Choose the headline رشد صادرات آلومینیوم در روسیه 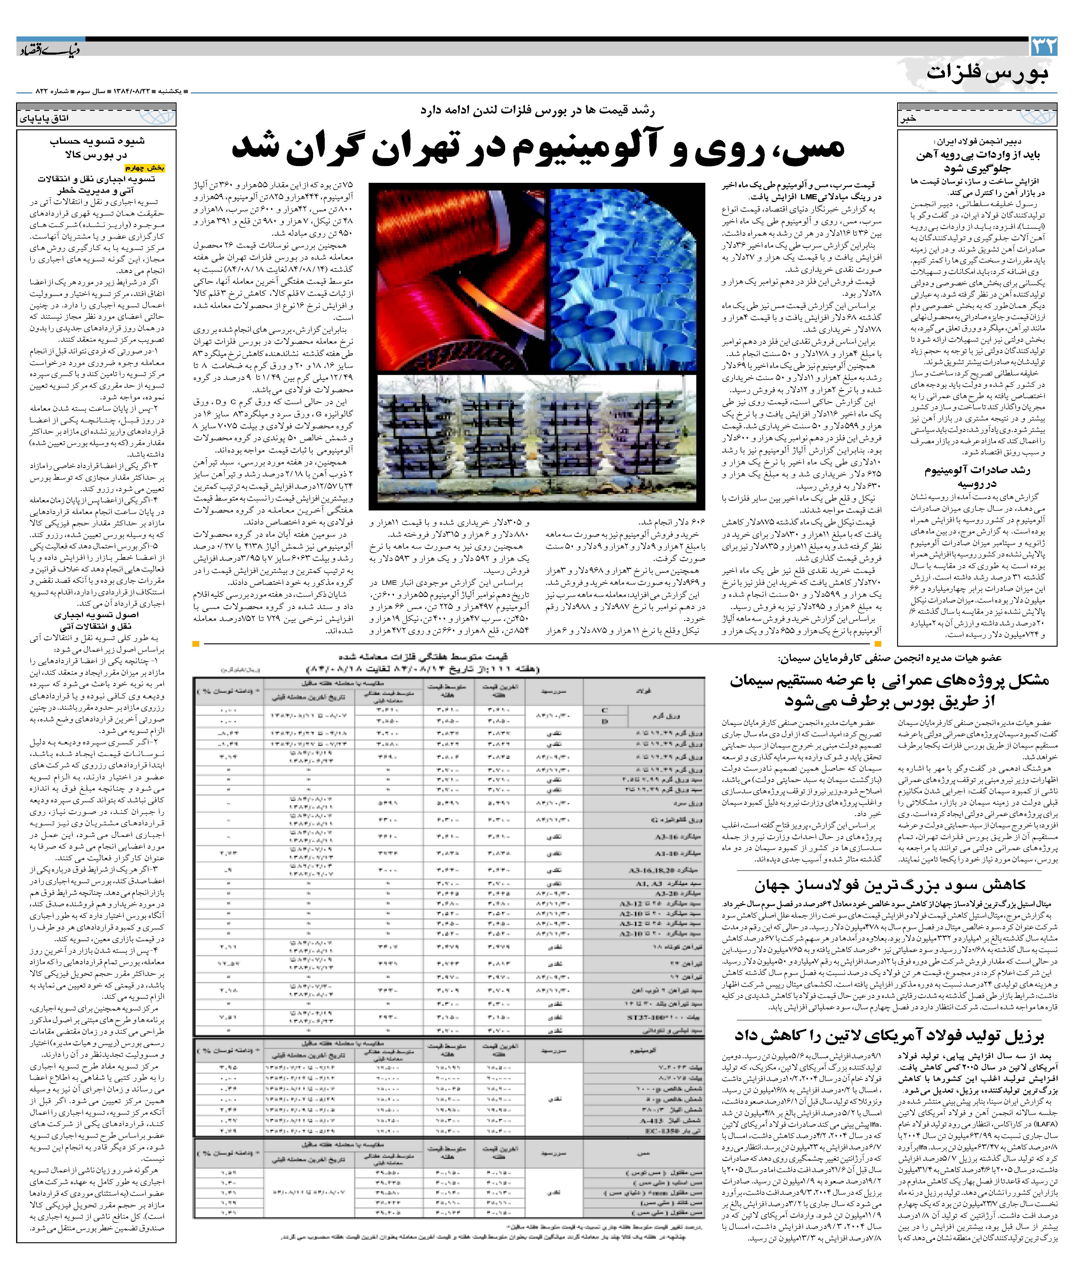(977, 476)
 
